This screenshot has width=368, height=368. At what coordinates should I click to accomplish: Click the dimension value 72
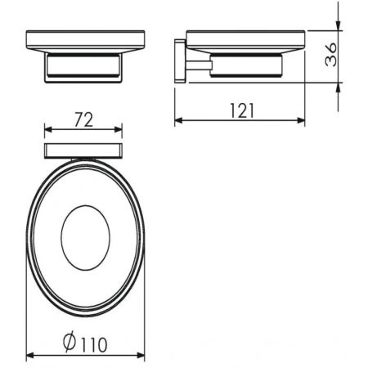click(82, 119)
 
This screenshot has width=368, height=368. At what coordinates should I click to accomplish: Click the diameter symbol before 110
click(68, 346)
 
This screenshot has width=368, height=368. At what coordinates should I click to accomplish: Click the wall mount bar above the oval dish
click(83, 149)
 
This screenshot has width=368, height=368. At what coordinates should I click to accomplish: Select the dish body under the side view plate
click(249, 65)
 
